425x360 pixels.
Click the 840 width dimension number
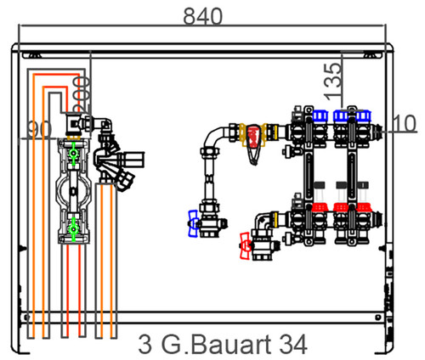(203, 16)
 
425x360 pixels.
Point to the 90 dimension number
(40, 129)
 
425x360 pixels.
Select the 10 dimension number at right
(405, 123)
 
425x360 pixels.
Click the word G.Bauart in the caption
(216, 345)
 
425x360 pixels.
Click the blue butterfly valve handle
(193, 223)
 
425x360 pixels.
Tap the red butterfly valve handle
(245, 245)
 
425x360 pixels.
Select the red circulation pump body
(253, 138)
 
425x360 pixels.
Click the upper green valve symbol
(74, 154)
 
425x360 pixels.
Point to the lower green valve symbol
(74, 229)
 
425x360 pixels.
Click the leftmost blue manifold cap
(320, 116)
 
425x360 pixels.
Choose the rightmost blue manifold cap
(364, 116)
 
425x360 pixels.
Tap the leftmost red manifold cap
(320, 207)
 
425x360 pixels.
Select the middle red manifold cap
(341, 207)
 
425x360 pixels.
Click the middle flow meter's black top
(342, 184)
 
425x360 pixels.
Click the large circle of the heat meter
(74, 191)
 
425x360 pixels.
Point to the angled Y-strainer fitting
(113, 163)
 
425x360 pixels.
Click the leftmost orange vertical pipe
(33, 205)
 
